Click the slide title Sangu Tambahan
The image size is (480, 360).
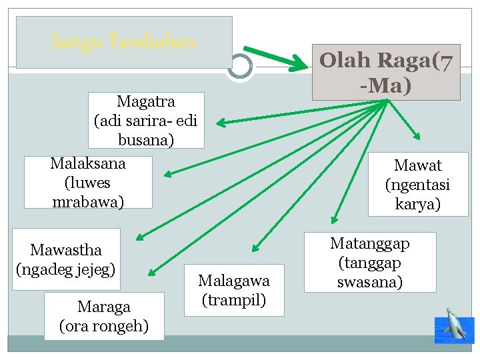tap(123, 42)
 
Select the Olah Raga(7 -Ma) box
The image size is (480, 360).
tap(387, 72)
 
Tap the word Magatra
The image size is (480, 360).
tap(145, 102)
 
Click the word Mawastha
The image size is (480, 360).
tap(66, 250)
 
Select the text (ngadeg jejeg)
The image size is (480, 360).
tap(66, 269)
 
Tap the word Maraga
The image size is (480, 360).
tap(103, 307)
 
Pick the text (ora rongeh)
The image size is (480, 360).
tap(103, 327)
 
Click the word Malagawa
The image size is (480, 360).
tap(233, 281)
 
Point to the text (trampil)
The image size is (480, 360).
tap(233, 300)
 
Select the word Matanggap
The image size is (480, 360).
tap(370, 243)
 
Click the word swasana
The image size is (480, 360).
tap(370, 282)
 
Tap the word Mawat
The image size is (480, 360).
tap(418, 165)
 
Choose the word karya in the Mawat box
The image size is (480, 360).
tap(418, 204)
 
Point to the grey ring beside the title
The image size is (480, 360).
tap(240, 66)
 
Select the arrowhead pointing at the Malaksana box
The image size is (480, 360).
tap(167, 175)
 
